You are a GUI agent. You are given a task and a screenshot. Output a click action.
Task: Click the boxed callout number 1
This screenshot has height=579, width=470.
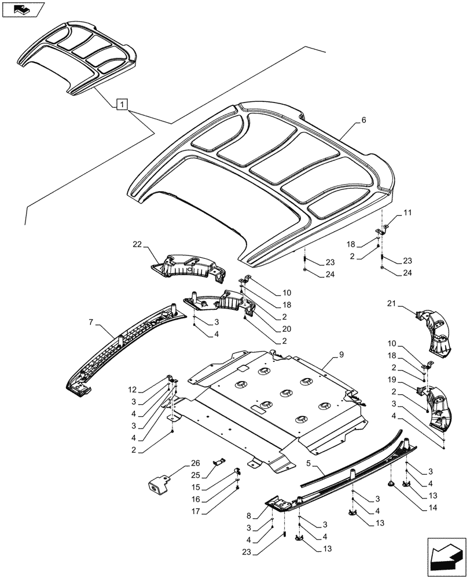pos(121,105)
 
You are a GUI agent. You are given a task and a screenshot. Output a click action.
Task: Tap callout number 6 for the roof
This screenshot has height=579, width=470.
pos(363,120)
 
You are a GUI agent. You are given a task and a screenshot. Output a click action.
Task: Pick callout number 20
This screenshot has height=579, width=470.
pos(287,329)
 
